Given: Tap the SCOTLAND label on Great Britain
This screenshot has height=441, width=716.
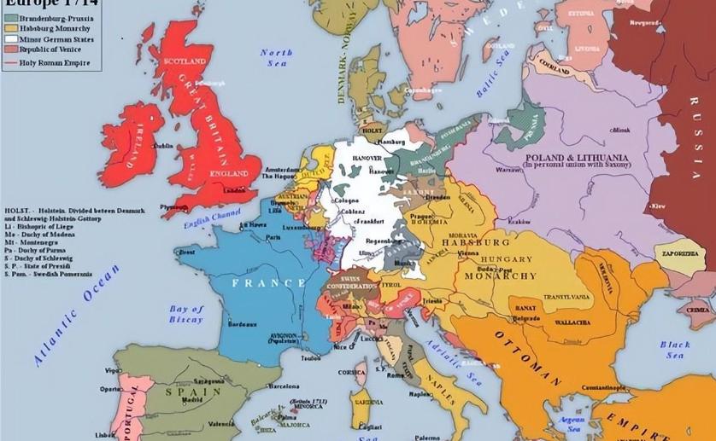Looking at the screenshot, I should click(x=188, y=62).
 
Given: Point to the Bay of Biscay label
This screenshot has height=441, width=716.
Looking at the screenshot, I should click(x=186, y=314).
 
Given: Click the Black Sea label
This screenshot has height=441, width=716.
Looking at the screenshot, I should click(x=674, y=350).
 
